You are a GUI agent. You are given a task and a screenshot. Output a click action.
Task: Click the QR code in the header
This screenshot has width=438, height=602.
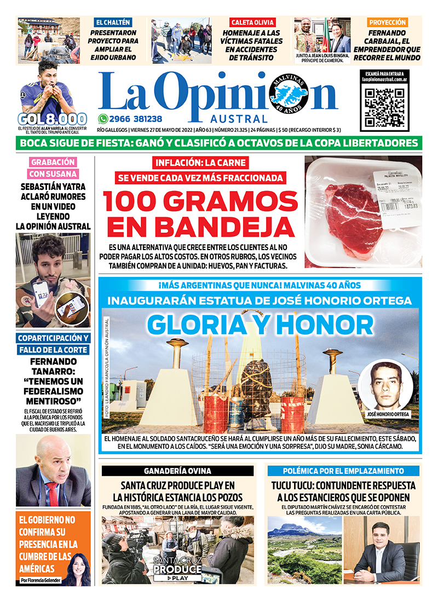[384, 106]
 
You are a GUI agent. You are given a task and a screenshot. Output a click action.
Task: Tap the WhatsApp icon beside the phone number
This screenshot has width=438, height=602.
[102, 118]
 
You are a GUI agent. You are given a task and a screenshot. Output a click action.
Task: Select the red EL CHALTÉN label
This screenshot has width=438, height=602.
[113, 22]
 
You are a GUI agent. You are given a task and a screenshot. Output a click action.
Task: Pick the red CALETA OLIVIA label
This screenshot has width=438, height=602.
[252, 22]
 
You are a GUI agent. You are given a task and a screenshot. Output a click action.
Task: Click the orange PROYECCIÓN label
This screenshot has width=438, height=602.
[387, 22]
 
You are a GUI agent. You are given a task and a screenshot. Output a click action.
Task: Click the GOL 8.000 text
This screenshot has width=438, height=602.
[52, 119]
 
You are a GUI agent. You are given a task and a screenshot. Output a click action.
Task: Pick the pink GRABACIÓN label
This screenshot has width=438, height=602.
[54, 162]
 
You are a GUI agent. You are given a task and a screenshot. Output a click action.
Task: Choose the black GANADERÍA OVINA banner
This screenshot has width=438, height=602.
[177, 471]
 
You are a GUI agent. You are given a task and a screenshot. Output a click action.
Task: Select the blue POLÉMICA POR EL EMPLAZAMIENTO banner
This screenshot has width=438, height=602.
[343, 471]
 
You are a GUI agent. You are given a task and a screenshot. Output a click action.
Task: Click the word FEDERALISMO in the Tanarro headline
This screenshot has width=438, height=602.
[54, 391]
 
